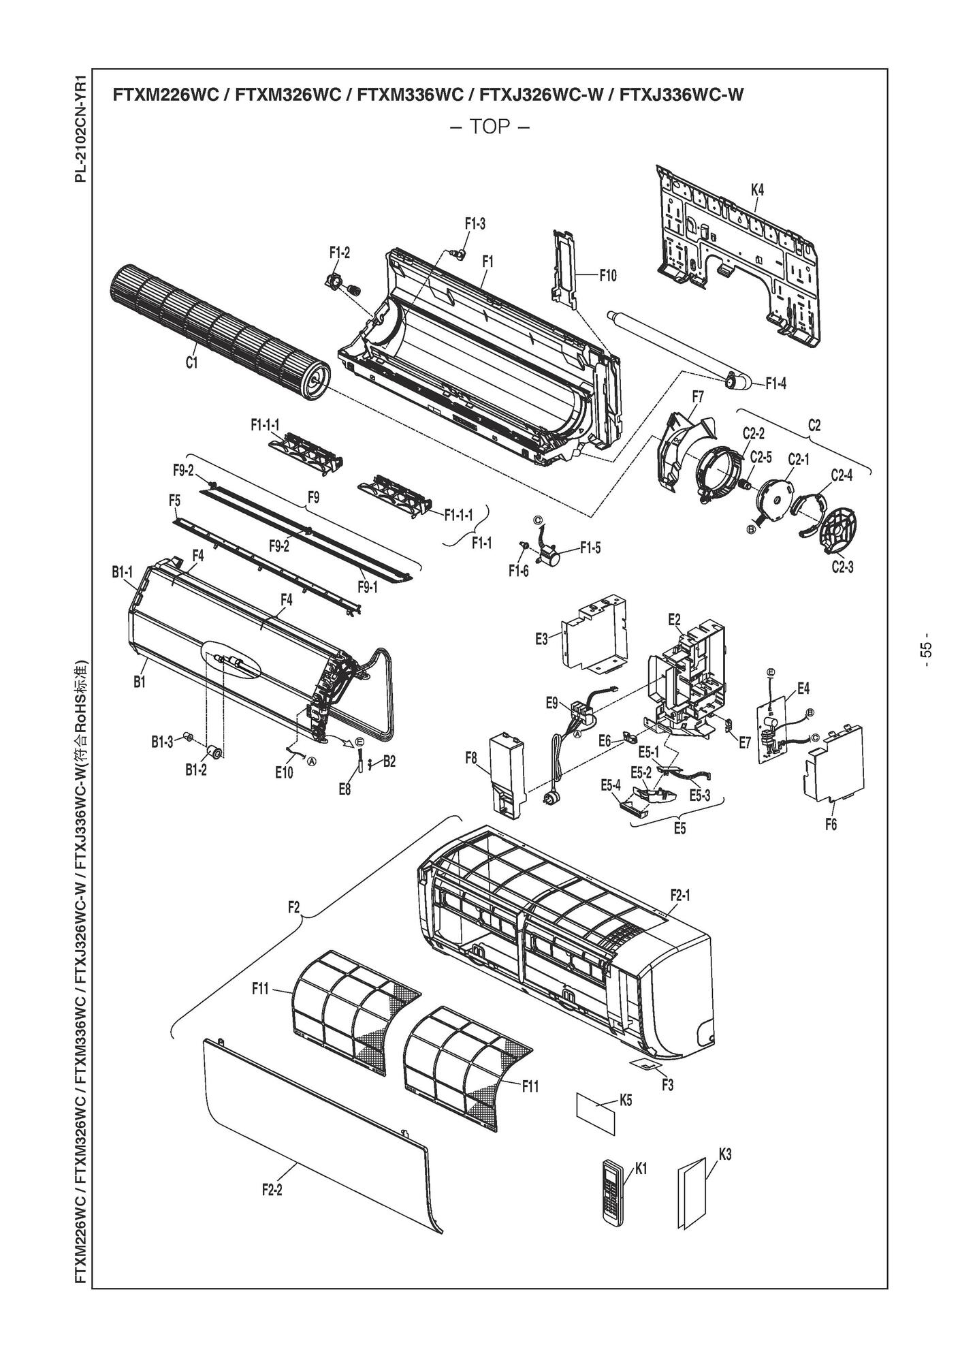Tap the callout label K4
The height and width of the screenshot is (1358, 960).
coord(757,190)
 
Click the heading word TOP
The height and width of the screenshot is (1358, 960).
coord(490,127)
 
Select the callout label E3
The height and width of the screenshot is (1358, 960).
coord(542,639)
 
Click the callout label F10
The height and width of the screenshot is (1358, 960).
coord(608,276)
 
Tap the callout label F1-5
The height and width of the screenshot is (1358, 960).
coord(590,547)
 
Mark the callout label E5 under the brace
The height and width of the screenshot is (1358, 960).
coord(679,828)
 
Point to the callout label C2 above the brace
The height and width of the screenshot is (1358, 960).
coord(814,425)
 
